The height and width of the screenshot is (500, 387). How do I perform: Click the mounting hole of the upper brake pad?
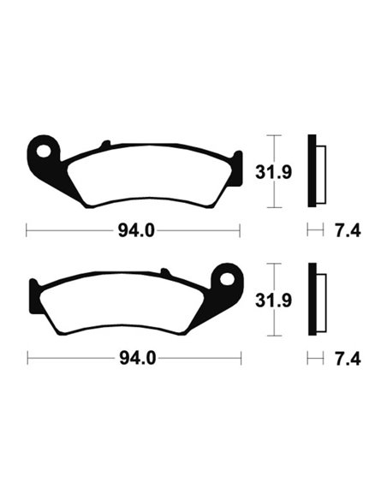pyautogui.click(x=40, y=150)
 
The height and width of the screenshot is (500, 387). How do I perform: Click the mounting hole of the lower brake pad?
pyautogui.click(x=228, y=277)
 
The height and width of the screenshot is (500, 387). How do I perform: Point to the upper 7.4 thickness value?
pyautogui.click(x=349, y=229)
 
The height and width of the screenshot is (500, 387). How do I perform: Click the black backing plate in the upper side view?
pyautogui.click(x=313, y=171)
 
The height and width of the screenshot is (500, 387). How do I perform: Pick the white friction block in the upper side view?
pyautogui.click(x=321, y=171)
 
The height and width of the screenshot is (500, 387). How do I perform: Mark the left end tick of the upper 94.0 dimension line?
pyautogui.click(x=27, y=229)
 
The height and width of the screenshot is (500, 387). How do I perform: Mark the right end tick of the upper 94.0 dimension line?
pyautogui.click(x=241, y=229)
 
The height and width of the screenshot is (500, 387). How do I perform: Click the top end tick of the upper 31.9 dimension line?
pyautogui.click(x=272, y=135)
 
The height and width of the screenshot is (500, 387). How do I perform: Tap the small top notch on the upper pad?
pyautogui.click(x=105, y=144)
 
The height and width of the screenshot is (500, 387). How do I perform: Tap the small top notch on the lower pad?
pyautogui.click(x=163, y=271)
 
